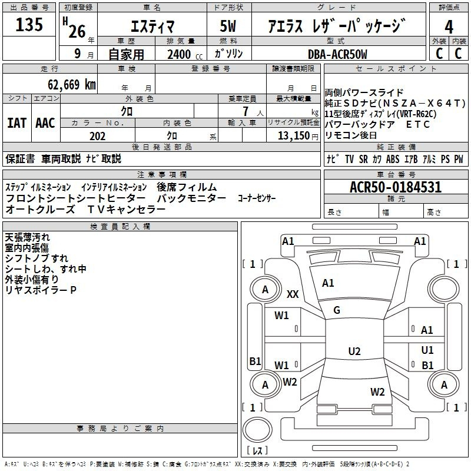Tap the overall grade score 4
[449, 27]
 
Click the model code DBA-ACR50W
[337, 54]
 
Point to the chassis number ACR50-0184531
[395, 188]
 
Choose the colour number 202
[97, 136]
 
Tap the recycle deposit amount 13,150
[292, 136]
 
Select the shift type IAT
[17, 122]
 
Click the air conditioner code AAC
[45, 122]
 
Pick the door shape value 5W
[228, 27]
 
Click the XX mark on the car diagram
[293, 294]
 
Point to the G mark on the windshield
[337, 310]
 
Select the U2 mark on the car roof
[354, 351]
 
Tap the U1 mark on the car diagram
[427, 350]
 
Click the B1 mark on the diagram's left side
[255, 361]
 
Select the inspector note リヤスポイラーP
[41, 290]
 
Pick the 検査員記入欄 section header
[120, 227]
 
